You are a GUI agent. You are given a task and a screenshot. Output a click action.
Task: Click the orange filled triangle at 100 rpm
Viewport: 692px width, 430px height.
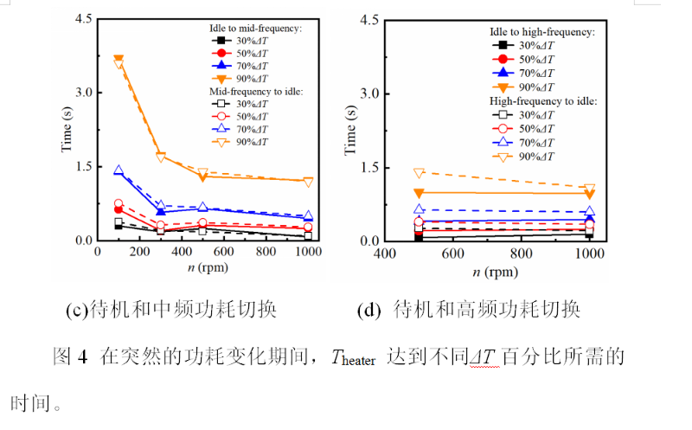point(119,60)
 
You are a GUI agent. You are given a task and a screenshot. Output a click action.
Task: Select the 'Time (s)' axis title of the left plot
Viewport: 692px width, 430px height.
point(66,130)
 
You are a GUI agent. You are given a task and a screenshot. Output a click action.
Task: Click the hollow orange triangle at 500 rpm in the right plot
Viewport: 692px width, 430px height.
point(419,173)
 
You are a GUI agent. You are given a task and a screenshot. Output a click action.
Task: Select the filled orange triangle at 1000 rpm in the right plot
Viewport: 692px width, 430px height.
point(590,194)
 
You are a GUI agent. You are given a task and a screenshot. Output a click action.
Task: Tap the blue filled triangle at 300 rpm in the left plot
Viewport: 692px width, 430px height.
point(161,211)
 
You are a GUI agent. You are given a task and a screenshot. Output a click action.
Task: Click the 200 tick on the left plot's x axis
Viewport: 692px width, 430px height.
point(139,251)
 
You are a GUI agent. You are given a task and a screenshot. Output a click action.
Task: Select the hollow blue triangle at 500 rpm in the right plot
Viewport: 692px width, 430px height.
point(419,209)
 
